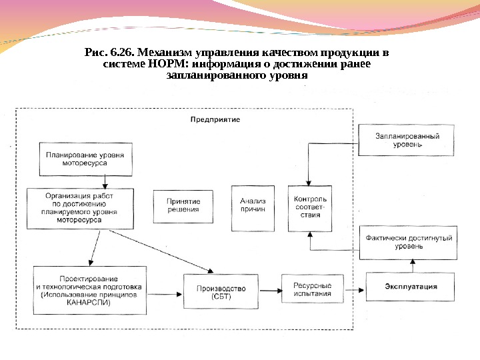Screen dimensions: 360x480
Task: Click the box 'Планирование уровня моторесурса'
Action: click(x=85, y=158)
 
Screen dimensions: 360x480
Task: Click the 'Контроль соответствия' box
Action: click(x=310, y=207)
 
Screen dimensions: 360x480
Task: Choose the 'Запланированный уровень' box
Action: click(x=407, y=140)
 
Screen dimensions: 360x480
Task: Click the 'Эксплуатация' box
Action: click(x=411, y=287)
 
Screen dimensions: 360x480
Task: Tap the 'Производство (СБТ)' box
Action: click(x=219, y=292)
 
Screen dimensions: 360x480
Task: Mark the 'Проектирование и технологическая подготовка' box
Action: click(x=89, y=291)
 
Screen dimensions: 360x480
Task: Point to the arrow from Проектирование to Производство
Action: click(x=165, y=291)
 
